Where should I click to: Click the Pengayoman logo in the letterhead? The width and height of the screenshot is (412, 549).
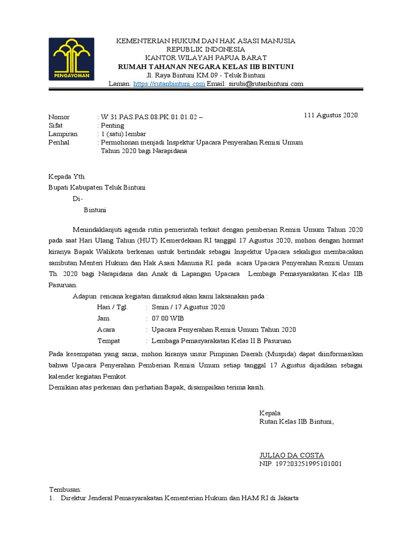pos(71,59)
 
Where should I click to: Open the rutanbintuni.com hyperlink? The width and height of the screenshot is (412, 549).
pos(169,84)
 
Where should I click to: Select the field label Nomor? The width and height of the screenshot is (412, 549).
pos(59,117)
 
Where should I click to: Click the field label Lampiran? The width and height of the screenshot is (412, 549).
pos(63,134)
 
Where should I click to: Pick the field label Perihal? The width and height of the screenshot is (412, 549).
pos(59,143)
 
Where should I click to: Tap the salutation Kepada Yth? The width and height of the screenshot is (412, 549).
pos(67,176)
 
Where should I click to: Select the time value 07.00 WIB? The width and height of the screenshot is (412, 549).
pos(168,318)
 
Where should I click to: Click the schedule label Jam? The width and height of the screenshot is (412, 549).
pos(103,318)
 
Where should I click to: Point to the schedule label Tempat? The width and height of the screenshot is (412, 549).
pos(108,340)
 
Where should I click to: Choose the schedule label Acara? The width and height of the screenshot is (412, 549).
pos(106,329)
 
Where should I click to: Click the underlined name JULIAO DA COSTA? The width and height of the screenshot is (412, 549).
pos(292,455)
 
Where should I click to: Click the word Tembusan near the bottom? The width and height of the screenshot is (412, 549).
pos(65,489)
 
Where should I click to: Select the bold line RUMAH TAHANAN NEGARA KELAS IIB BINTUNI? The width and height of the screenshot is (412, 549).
pos(206,66)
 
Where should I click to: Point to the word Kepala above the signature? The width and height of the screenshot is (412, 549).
pos(270,413)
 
